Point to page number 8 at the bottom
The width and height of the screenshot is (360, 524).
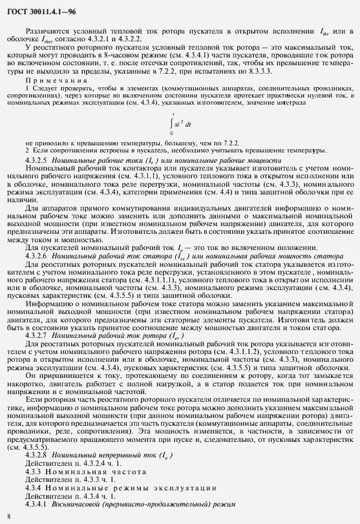8,516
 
